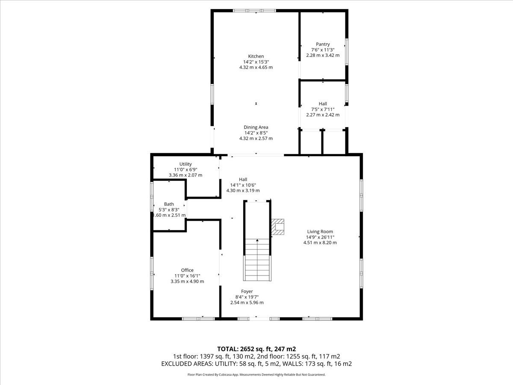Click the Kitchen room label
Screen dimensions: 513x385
tap(256, 56)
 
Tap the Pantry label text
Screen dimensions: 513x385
tap(323, 44)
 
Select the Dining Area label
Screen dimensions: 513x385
tap(256, 127)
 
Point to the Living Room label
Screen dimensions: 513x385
tap(320, 231)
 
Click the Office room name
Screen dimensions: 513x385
tap(187, 270)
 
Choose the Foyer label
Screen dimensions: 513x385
tap(247, 291)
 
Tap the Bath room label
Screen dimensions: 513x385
tap(169, 204)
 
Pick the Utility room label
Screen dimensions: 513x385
tap(186, 164)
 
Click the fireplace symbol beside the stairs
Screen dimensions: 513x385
tap(277, 227)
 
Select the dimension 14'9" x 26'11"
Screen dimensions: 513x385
tap(320, 237)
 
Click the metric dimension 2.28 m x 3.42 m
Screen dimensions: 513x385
tap(323, 56)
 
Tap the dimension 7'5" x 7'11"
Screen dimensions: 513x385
tap(323, 110)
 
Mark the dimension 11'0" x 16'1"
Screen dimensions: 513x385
tap(187, 276)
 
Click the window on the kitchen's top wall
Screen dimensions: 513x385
tap(254, 11)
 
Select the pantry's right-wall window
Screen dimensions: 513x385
tap(347, 52)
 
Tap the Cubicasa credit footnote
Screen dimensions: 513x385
tap(256, 375)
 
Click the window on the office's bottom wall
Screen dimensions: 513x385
tap(198, 319)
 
